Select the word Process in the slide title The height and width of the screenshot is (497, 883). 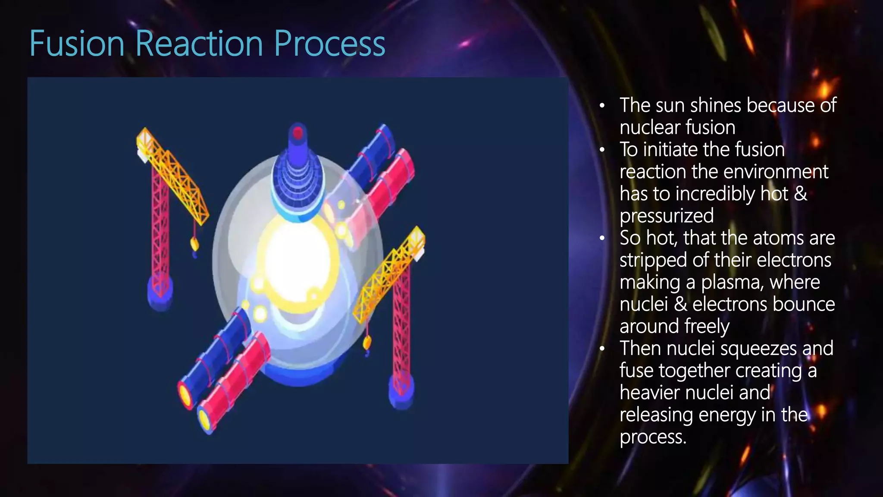click(x=329, y=44)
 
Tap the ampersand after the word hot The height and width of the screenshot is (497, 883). click(x=801, y=193)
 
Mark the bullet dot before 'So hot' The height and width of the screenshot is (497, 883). click(x=602, y=238)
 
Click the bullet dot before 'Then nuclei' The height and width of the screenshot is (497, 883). click(x=602, y=348)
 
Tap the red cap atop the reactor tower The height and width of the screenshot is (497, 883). click(x=297, y=132)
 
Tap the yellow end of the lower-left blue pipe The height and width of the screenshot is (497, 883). click(x=185, y=394)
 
